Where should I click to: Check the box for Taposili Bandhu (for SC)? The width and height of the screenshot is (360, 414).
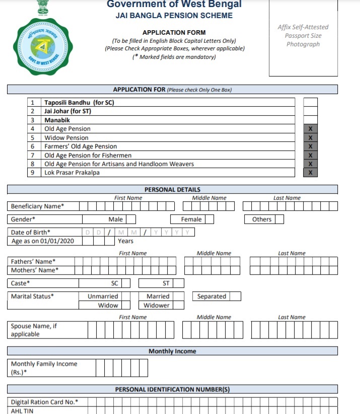tap(310, 102)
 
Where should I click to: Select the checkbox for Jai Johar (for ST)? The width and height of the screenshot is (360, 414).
tap(310, 111)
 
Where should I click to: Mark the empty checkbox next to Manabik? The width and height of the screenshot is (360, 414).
tap(310, 120)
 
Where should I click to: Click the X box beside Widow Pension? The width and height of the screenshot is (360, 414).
tap(310, 138)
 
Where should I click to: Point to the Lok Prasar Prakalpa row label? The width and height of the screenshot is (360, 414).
tap(72, 173)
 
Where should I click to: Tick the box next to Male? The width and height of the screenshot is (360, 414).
tap(131, 219)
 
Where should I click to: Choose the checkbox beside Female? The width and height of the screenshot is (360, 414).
tap(209, 219)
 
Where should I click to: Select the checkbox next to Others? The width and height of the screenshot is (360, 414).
tap(279, 219)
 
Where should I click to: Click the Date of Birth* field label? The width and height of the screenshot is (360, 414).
tap(31, 232)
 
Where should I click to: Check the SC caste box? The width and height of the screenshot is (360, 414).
tap(125, 283)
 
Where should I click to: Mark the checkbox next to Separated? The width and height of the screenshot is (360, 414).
tap(235, 296)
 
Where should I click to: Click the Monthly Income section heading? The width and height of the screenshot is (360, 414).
tap(172, 351)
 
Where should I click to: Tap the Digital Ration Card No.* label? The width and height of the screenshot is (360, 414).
tap(45, 402)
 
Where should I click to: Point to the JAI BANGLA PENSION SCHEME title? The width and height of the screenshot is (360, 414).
tap(174, 16)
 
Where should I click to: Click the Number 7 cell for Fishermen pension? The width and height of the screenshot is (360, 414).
tap(33, 155)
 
